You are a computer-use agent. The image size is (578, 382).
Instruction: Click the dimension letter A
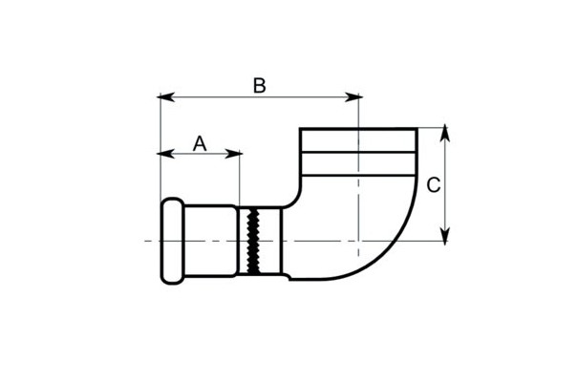pos(200,143)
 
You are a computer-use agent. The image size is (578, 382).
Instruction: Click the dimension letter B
pos(260,85)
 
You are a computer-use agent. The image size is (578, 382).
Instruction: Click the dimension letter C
pos(434,185)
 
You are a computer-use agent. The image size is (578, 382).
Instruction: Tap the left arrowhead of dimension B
pos(165,96)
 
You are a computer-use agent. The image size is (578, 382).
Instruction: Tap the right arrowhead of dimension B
pos(353,96)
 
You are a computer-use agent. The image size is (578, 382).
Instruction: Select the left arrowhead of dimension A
pos(165,153)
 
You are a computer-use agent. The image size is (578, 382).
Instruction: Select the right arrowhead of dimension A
pos(233,153)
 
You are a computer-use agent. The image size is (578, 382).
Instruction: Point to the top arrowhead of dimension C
pos(445,133)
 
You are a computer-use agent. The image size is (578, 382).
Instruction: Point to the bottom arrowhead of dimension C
pos(445,236)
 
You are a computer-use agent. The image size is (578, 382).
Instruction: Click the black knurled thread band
pos(253,241)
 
